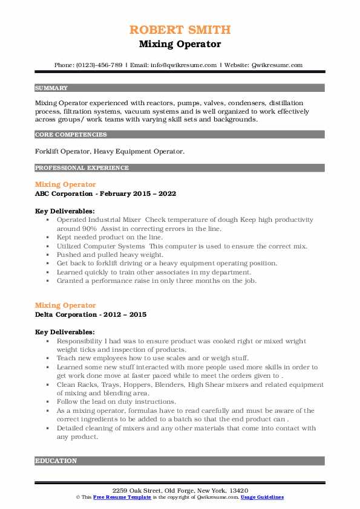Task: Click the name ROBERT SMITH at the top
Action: coord(180,30)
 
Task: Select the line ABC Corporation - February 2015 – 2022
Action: coord(105,194)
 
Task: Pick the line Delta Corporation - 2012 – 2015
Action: coord(91,315)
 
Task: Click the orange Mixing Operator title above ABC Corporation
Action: coord(65,184)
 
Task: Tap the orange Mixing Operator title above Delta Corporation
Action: coord(65,305)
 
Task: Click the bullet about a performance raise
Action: coord(156,280)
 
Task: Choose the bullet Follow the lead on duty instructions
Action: coord(116,401)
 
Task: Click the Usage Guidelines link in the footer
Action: coord(261,497)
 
